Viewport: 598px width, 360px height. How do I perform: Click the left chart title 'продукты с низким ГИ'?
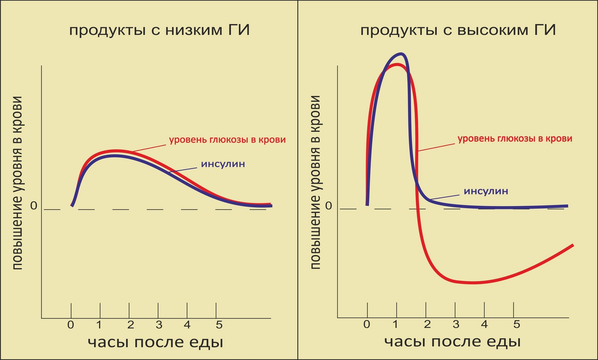[x=159, y=31]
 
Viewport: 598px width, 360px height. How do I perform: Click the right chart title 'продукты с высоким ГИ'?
[x=458, y=31]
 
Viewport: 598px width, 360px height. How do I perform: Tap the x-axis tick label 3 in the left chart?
[x=158, y=326]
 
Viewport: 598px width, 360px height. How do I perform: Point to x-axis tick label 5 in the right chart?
[x=517, y=325]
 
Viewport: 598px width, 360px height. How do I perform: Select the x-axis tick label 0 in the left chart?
[x=71, y=326]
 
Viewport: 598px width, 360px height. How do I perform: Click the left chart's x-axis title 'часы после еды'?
[x=155, y=343]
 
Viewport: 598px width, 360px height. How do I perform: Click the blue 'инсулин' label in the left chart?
[x=223, y=164]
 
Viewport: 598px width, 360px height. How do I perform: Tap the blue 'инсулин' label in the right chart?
[x=486, y=190]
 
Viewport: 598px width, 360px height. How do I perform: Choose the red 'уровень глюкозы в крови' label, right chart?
[x=515, y=139]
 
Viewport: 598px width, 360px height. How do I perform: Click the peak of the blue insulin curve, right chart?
[x=400, y=54]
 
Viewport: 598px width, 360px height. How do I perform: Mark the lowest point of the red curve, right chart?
[x=471, y=283]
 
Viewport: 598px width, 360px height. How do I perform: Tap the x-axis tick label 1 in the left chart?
[x=100, y=326]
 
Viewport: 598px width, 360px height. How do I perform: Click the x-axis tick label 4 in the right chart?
[x=484, y=325]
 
